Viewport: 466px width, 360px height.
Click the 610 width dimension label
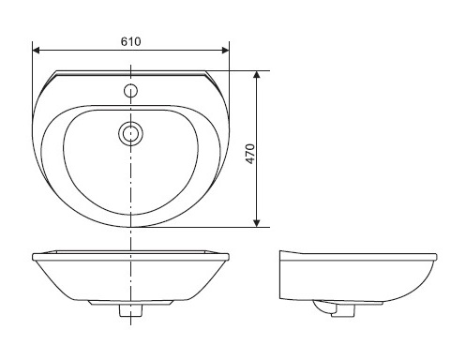pyautogui.click(x=130, y=41)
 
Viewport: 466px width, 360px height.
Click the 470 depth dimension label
pyautogui.click(x=250, y=154)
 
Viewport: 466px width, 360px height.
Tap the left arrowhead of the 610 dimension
pyautogui.click(x=36, y=51)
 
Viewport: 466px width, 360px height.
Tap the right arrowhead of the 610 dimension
pyautogui.click(x=225, y=51)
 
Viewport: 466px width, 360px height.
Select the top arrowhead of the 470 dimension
pyautogui.click(x=257, y=74)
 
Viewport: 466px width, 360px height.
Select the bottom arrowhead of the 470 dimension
pyautogui.click(x=257, y=223)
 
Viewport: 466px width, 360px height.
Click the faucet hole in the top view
pyautogui.click(x=130, y=91)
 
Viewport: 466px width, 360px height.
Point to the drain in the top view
pyautogui.click(x=130, y=133)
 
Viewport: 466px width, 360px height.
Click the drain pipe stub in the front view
pyautogui.click(x=130, y=310)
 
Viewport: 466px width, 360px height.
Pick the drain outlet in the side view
pyautogui.click(x=343, y=311)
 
